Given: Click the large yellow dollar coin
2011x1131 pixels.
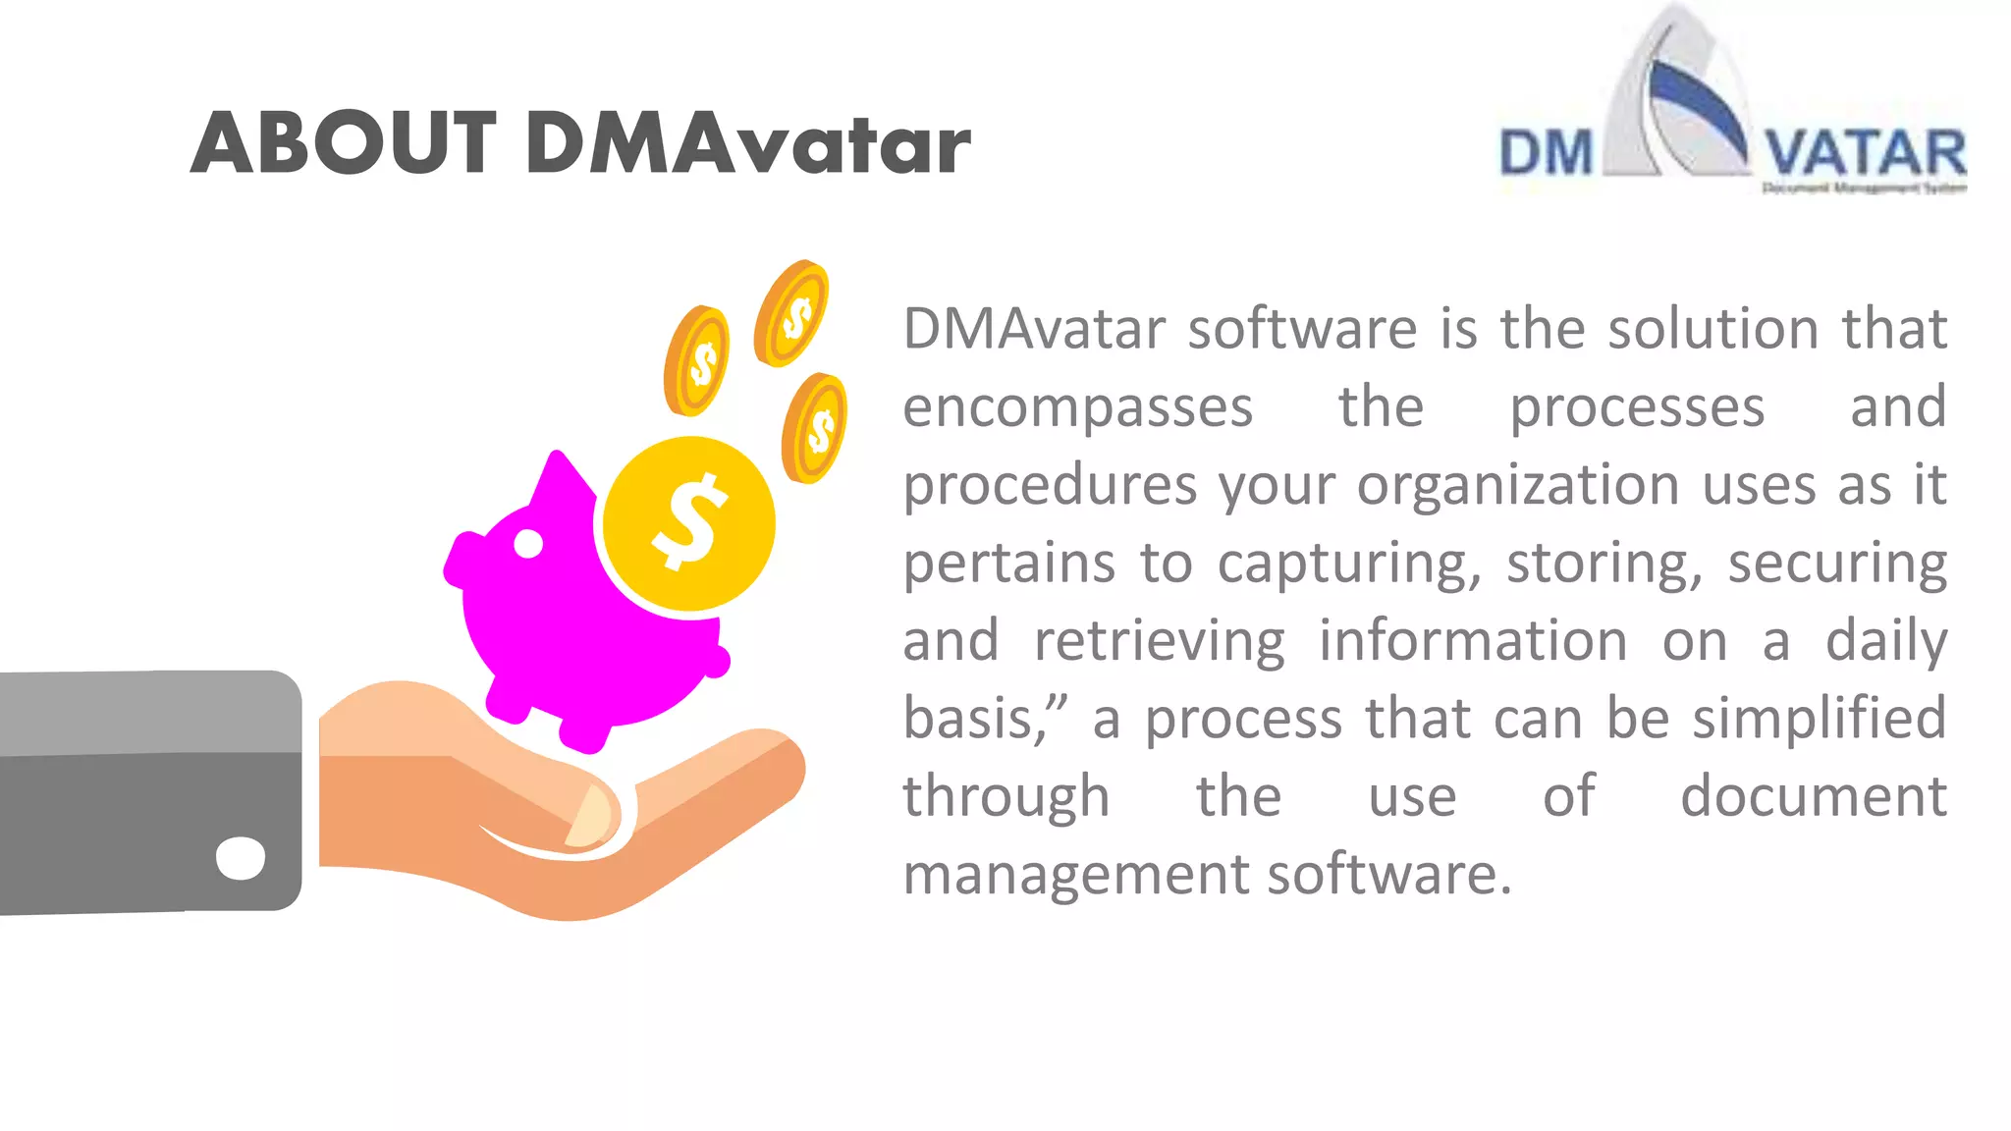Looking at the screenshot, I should click(x=689, y=523).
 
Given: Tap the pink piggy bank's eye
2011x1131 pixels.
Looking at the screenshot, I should click(x=528, y=543).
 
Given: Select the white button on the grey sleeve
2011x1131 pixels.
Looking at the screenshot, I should click(x=241, y=858).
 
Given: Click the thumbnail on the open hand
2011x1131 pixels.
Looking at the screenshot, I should click(x=591, y=817).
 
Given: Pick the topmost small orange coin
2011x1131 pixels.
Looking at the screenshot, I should click(x=792, y=313).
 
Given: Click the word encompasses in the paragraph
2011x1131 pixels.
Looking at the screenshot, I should click(x=1077, y=407).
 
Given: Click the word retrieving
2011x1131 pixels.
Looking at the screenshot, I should click(x=1159, y=641).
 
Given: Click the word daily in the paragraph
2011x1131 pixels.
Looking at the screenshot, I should click(x=1885, y=641).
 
